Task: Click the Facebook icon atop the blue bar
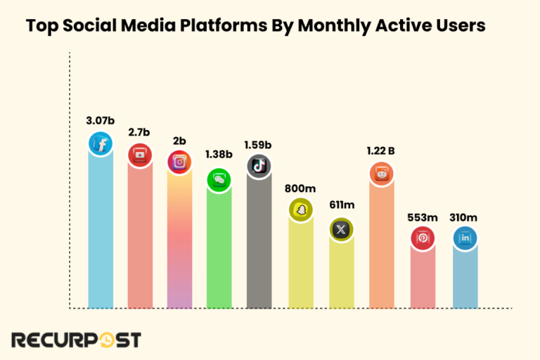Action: point(101,144)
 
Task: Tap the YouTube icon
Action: point(140,155)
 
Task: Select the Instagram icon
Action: point(179,162)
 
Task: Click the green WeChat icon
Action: point(219,180)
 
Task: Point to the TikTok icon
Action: point(258,166)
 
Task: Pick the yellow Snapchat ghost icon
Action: point(301,210)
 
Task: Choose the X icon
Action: point(342,229)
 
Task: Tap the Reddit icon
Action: point(382,173)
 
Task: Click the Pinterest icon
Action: point(423,238)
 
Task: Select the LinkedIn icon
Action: point(465,238)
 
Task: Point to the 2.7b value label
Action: point(140,131)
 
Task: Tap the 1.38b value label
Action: point(219,154)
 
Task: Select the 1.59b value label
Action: point(258,145)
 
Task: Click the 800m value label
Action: point(301,188)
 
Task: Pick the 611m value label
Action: point(342,205)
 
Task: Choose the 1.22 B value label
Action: point(382,150)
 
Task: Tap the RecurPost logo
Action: point(75,340)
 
